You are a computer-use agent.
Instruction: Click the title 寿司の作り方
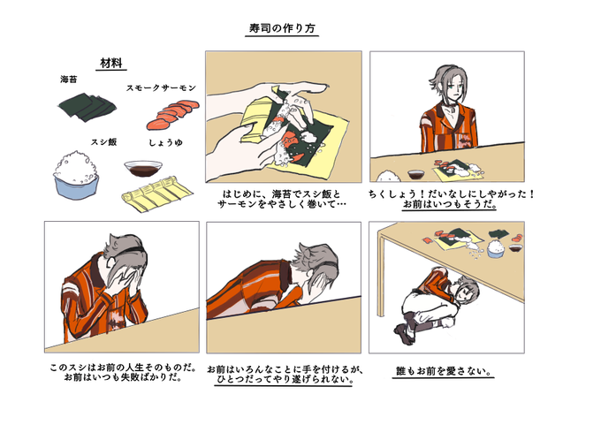pos(282,28)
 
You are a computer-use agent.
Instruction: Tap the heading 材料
pos(111,63)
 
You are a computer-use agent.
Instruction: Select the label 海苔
pos(69,80)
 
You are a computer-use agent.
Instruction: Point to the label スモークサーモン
pos(162,87)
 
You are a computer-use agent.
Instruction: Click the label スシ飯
pos(103,142)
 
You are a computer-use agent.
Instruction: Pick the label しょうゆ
pos(165,142)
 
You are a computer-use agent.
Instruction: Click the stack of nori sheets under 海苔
pos(87,107)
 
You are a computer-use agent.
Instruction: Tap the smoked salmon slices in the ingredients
pos(173,114)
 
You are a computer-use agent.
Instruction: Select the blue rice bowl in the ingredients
pos(76,176)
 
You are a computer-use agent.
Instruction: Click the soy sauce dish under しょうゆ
pos(143,168)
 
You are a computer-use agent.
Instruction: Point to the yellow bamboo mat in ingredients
pos(157,194)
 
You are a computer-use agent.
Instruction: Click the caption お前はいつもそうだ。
pos(450,205)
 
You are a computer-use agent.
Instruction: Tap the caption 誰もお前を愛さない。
pos(444,371)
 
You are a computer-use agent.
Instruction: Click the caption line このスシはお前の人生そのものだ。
pos(123,368)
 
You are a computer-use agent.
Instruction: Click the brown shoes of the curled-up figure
pos(405,333)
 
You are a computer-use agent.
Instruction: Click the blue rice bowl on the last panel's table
pos(496,249)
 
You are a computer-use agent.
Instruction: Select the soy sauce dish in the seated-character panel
pos(416,175)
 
